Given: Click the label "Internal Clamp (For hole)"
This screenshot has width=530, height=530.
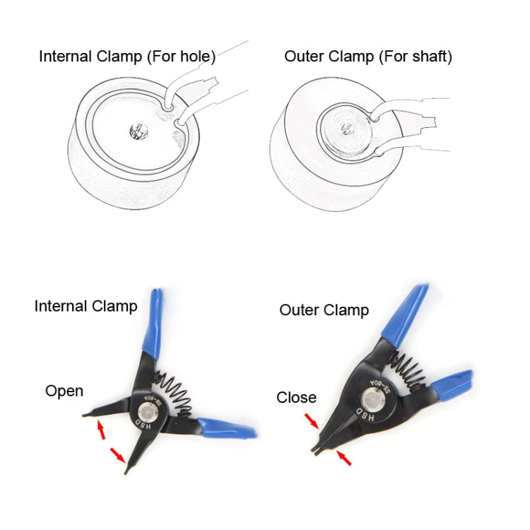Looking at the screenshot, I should pos(127,57).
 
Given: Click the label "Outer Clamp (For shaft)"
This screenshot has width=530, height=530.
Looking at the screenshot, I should pos(367,57).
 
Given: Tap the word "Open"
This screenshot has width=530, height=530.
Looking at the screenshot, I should pos(64,391).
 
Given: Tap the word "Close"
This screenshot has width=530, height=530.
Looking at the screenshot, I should pos(296,398).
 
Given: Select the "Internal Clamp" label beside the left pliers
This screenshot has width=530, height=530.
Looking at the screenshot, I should pos(86,306).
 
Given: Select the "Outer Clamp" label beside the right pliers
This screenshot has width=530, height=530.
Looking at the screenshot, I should pos(324,310).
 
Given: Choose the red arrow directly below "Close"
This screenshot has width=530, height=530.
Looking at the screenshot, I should pos(312,421).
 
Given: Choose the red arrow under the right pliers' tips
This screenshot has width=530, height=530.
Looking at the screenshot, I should pos(344,459).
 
